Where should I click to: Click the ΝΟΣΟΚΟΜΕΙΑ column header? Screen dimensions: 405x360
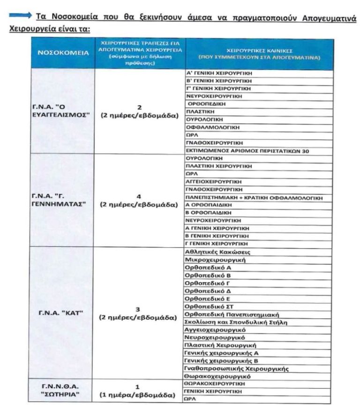click(62, 53)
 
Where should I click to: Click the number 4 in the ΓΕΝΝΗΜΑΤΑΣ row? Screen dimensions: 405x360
click(139, 196)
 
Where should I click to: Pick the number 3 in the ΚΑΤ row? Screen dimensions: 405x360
click(138, 309)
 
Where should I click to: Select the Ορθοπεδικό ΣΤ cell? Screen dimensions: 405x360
click(204, 306)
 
